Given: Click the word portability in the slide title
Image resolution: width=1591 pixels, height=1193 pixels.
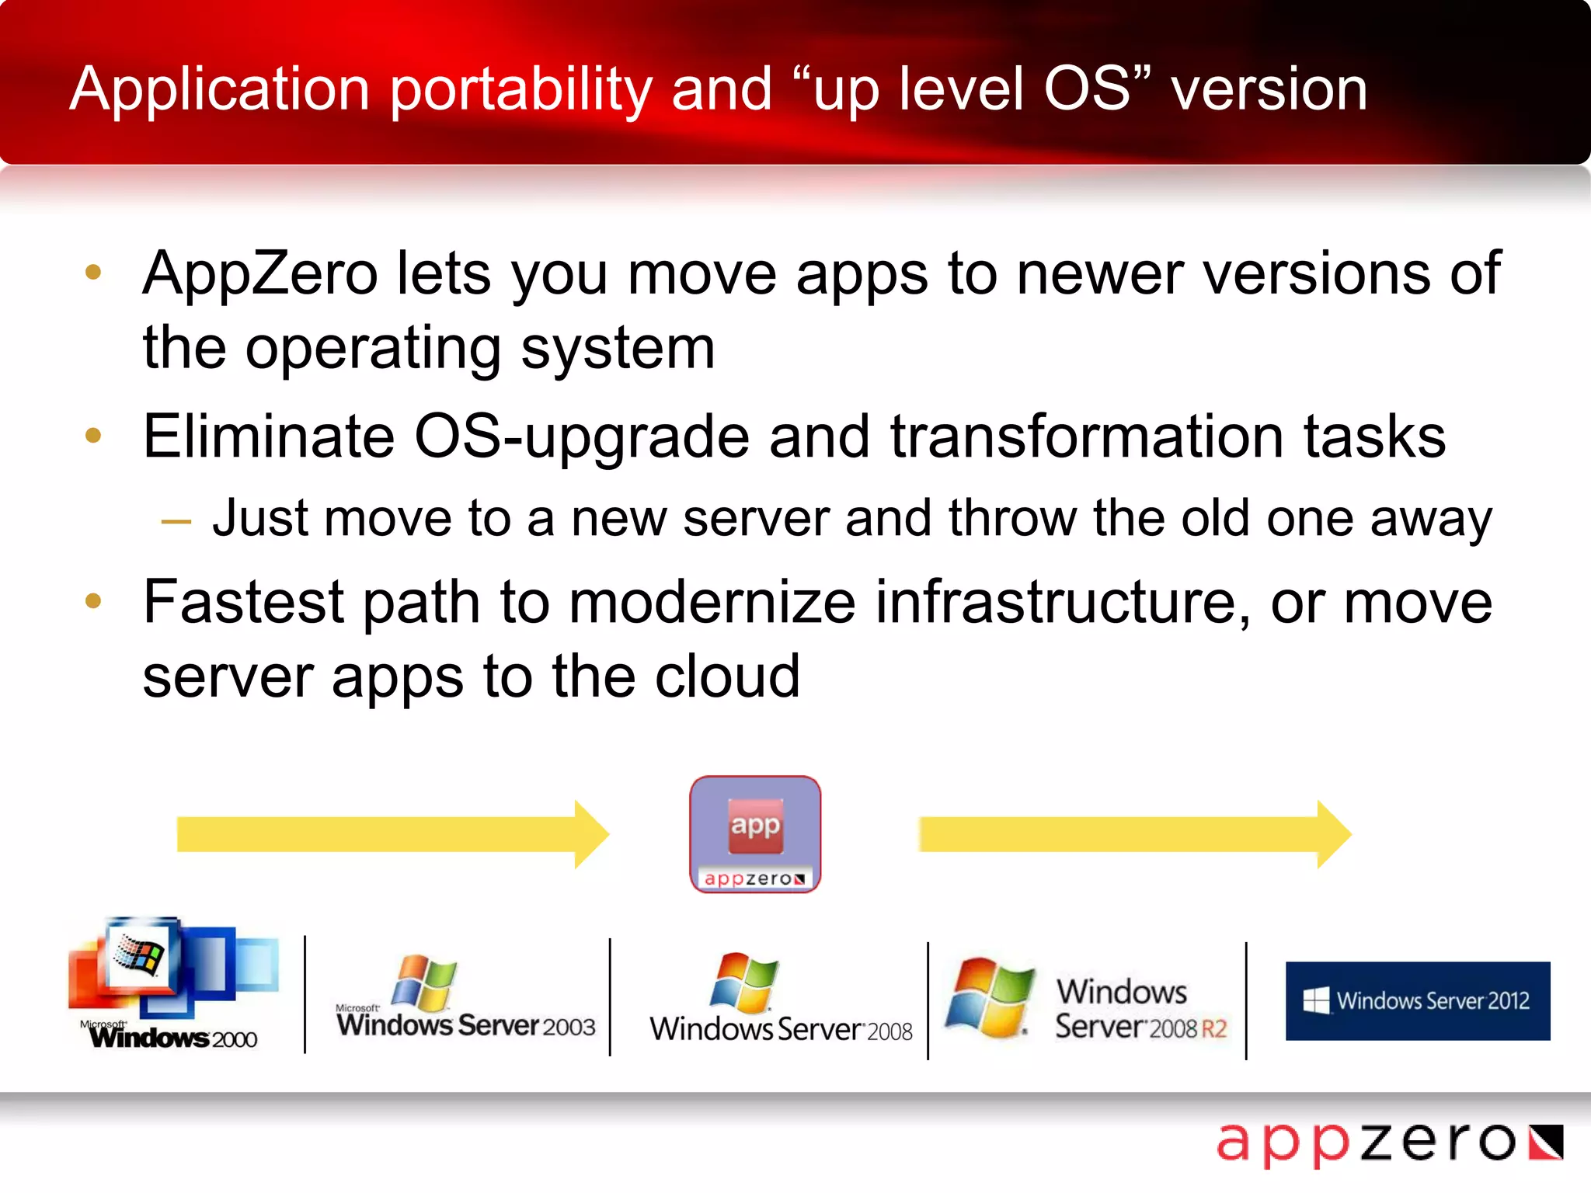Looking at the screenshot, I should (520, 90).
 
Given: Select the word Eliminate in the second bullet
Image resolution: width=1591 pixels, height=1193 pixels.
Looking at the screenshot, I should (269, 437).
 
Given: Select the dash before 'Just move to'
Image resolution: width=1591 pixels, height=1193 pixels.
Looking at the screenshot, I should (176, 521).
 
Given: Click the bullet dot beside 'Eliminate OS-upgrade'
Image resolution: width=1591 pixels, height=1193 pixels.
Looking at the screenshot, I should (94, 435).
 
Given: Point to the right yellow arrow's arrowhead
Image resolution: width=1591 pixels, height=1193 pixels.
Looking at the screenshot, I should (1334, 834).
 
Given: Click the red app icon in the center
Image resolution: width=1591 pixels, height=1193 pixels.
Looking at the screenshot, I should (755, 826).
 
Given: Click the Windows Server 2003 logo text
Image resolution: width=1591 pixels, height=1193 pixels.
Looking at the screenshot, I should (466, 1025).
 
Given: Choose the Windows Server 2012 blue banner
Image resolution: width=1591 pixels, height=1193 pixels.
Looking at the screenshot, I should (1418, 1000).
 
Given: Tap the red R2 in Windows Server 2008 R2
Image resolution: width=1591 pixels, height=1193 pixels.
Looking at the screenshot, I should (1213, 1029).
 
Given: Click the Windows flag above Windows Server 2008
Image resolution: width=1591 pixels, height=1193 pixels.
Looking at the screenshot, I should (744, 983).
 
